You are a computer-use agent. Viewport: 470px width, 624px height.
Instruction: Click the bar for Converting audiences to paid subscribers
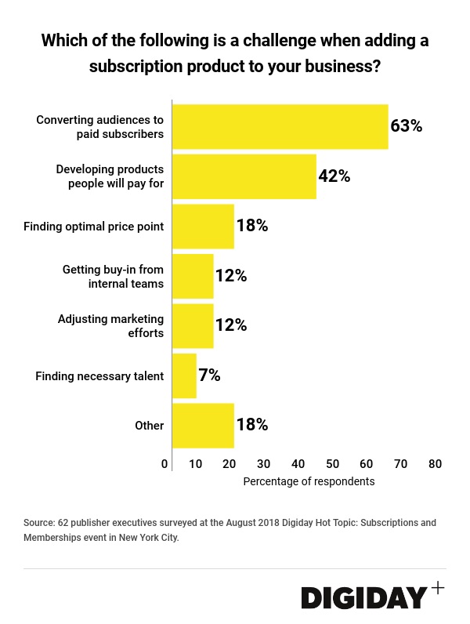click(280, 126)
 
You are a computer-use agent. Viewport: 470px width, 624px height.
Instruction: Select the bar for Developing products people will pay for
click(244, 176)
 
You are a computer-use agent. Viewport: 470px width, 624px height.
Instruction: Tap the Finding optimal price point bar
click(203, 227)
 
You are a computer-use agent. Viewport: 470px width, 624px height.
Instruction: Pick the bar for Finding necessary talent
click(184, 375)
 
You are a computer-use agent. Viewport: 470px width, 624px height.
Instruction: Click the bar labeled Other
click(203, 426)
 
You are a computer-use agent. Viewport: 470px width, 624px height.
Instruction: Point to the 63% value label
click(407, 126)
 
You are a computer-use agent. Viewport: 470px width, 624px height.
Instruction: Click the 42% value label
click(334, 176)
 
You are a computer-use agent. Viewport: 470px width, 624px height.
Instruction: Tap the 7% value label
click(209, 375)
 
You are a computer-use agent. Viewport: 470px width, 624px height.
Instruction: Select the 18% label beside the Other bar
click(252, 426)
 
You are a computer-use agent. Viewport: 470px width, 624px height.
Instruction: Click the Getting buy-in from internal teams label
click(113, 276)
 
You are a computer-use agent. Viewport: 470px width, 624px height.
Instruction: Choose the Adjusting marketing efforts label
click(110, 326)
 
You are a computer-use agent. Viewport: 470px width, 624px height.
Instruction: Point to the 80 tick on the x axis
click(435, 464)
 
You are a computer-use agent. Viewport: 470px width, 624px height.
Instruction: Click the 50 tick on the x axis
click(332, 464)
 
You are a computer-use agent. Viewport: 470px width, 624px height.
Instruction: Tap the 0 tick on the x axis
click(164, 464)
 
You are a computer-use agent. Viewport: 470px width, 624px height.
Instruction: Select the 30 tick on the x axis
click(264, 464)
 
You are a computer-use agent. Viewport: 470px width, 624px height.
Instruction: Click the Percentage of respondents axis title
click(309, 481)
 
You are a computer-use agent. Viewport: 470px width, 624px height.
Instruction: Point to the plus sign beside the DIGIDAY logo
click(437, 587)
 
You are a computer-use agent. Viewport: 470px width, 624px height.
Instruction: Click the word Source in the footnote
click(39, 522)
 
